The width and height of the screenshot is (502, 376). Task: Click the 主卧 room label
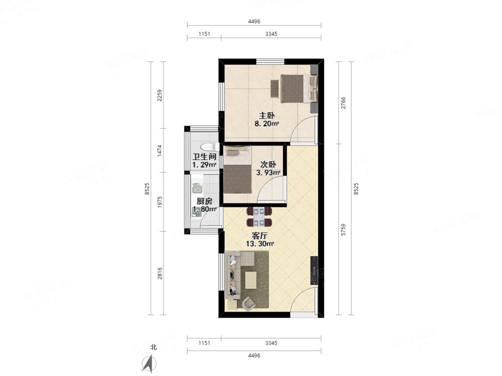260,115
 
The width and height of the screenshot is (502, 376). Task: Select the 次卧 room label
268,164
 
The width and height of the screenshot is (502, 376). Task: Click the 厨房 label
204,202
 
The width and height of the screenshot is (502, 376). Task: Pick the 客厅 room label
259,236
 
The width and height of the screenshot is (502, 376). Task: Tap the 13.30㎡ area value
259,244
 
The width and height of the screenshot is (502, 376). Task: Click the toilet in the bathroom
207,147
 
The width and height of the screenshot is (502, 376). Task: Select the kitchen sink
197,189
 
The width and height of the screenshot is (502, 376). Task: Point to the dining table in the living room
259,217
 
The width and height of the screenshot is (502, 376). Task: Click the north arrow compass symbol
148,362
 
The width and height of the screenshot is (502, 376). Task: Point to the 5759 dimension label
343,230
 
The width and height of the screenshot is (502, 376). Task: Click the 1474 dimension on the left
159,150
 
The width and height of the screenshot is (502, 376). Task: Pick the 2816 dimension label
159,273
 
